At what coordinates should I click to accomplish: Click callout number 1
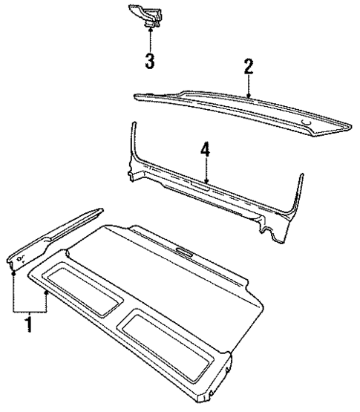point(28,324)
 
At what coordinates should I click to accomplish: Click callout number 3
point(150,60)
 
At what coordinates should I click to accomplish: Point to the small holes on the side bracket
point(20,258)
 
